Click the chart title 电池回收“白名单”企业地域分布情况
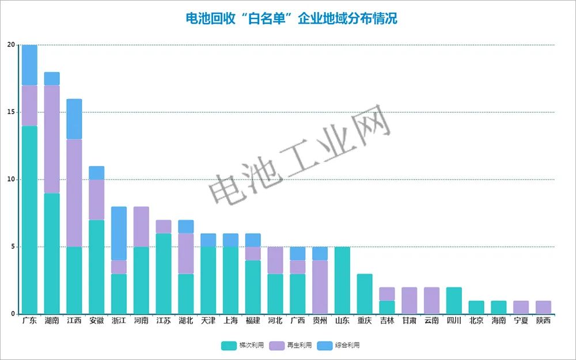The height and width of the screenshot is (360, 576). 291,18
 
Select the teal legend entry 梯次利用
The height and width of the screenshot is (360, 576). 242,345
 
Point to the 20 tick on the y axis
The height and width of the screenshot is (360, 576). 11,45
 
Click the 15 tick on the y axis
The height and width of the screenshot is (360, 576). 11,112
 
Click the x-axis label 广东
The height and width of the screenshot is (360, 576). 29,321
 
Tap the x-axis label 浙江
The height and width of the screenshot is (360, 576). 119,321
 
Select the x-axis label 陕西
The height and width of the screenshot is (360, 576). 543,321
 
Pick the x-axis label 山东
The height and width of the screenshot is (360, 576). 342,321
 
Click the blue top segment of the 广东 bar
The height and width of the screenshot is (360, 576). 29,65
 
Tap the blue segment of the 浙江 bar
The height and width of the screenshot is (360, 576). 119,233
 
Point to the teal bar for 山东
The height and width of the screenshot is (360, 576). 342,281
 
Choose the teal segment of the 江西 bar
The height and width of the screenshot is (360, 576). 74,281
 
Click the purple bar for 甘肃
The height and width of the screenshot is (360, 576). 410,301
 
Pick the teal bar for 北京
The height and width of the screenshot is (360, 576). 476,308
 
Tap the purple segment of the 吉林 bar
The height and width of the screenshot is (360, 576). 387,294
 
